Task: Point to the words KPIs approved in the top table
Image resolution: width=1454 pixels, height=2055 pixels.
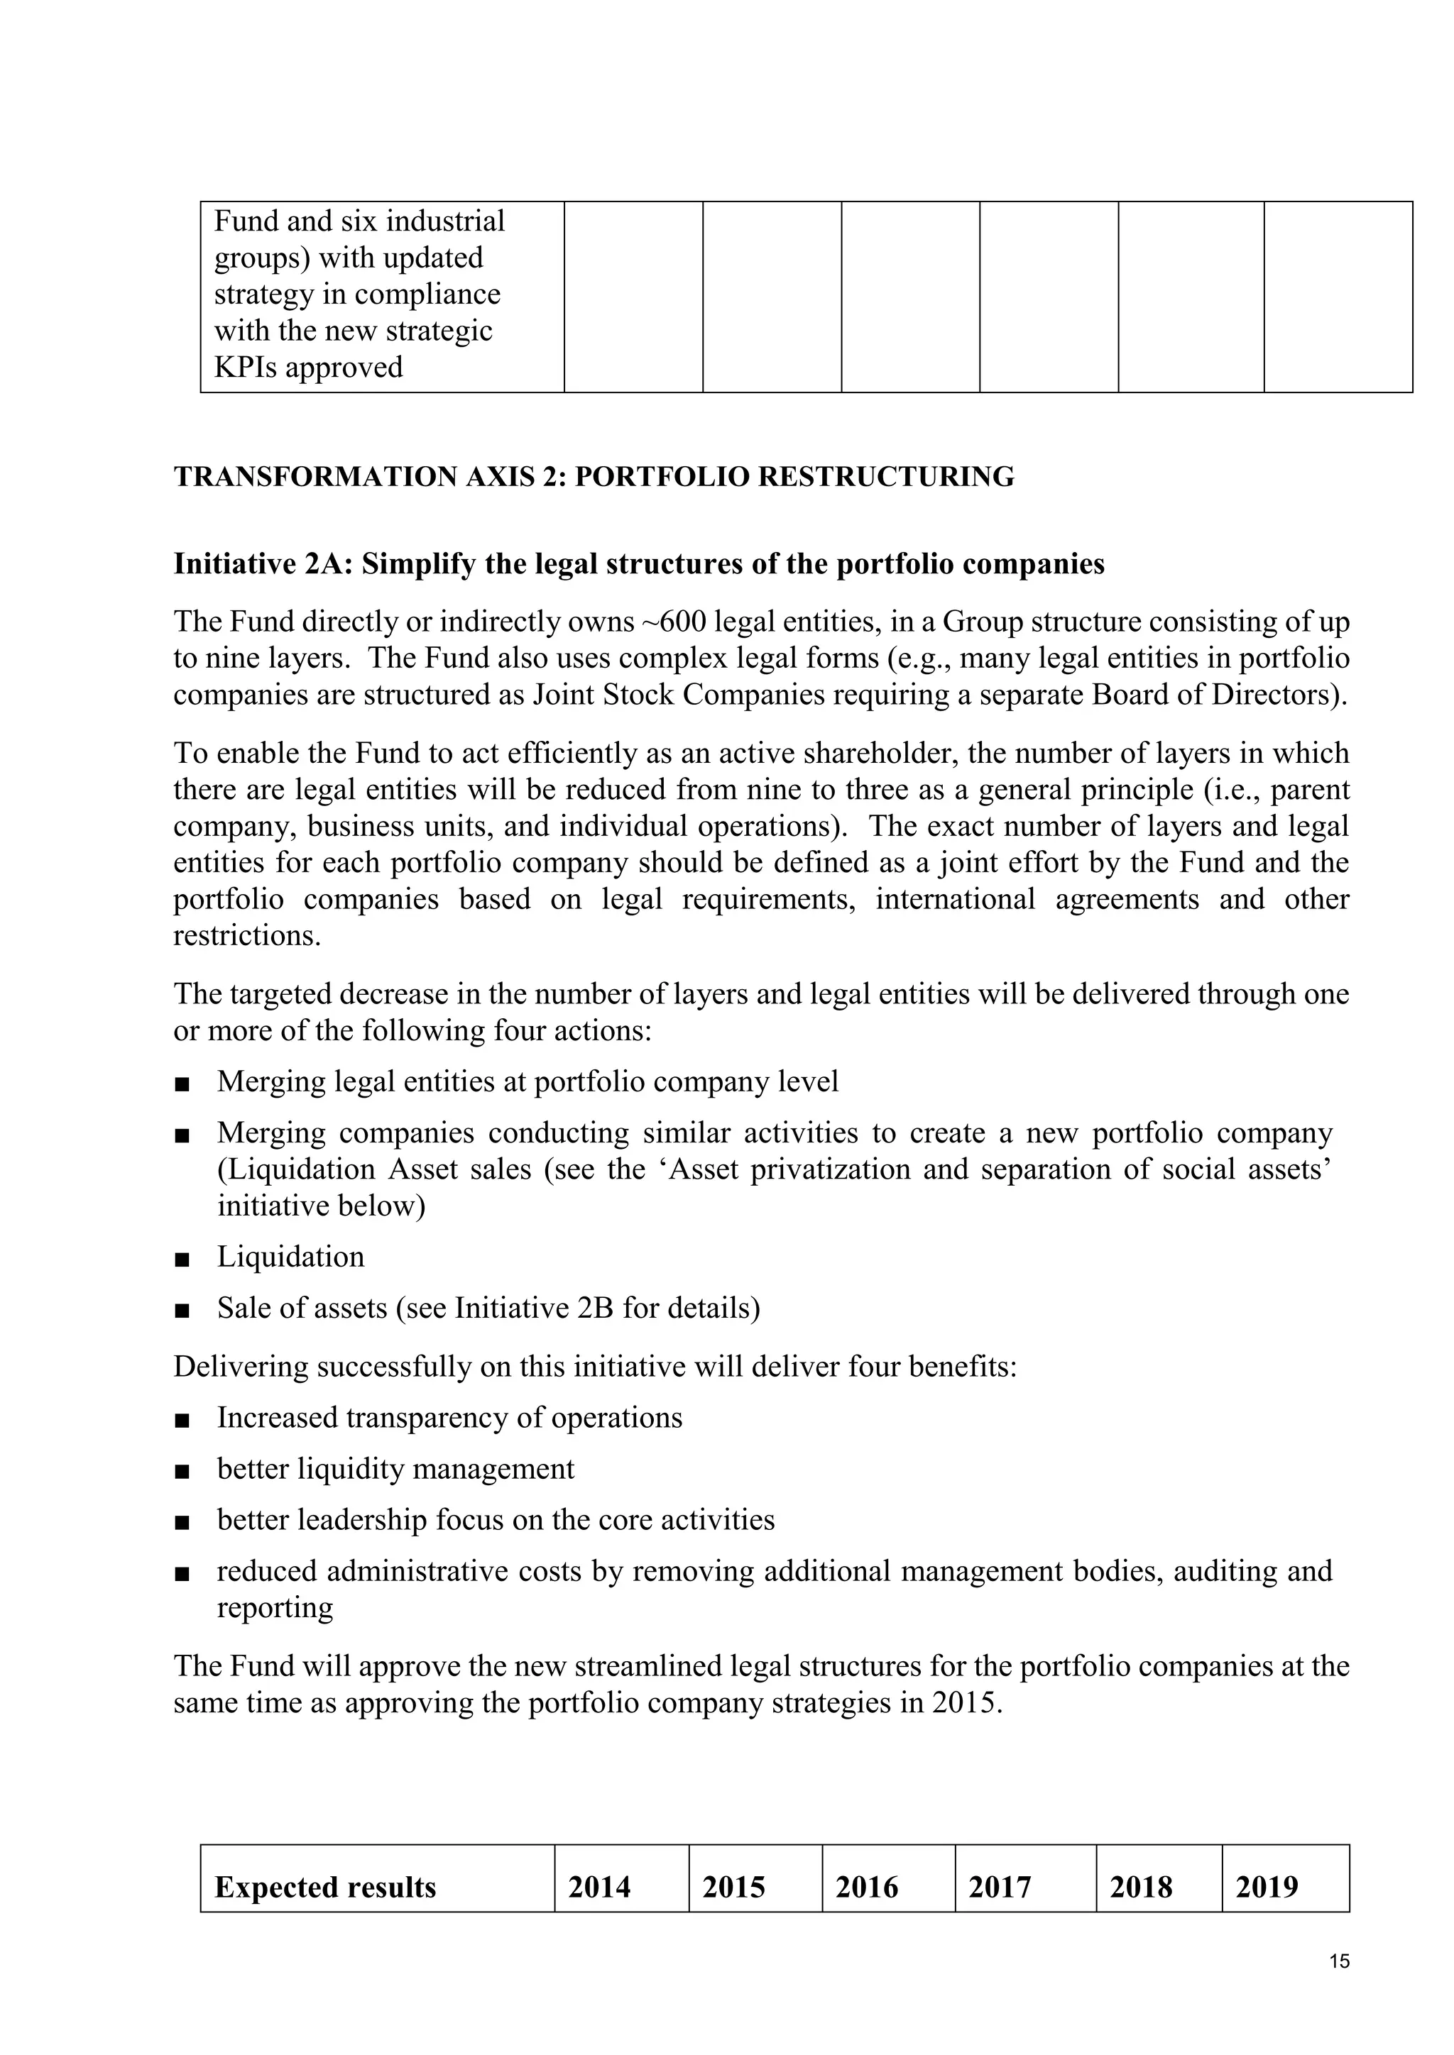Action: pos(308,367)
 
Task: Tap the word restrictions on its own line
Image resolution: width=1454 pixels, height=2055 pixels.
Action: pos(246,936)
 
